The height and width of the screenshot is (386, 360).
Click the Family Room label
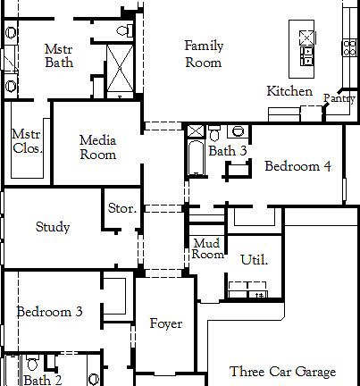[x=203, y=54]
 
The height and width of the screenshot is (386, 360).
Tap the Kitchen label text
[x=289, y=91]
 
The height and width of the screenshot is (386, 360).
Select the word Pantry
[x=339, y=98]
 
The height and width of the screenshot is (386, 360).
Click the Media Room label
[x=97, y=147]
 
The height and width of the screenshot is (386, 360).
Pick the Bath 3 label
[x=228, y=151]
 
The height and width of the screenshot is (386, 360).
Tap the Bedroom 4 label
[x=297, y=166]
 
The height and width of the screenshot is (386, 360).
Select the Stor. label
[x=121, y=208]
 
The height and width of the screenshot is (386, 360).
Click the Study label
[x=53, y=227]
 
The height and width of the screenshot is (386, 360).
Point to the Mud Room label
[x=207, y=248]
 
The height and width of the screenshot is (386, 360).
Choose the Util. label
[x=254, y=260]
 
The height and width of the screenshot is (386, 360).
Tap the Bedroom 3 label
[x=50, y=312]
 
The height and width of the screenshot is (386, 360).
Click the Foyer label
[x=165, y=323]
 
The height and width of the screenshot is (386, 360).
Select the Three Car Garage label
[x=282, y=372]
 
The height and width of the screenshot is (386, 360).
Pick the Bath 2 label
[x=43, y=380]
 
